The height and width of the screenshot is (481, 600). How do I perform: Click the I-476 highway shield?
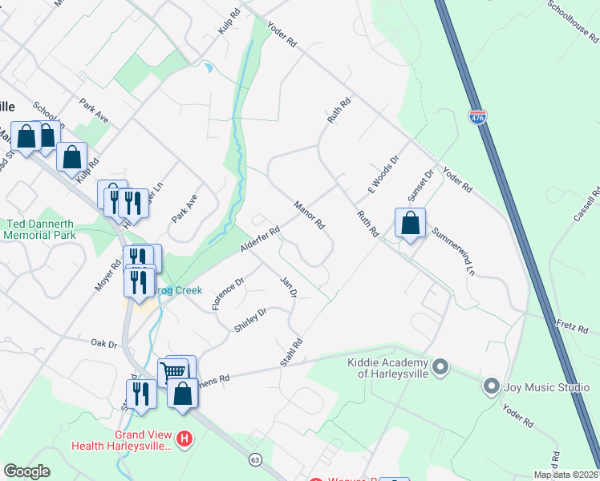point(477,117)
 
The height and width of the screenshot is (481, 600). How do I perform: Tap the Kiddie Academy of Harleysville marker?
point(440,368)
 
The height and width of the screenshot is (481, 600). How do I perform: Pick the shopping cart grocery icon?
point(174,371)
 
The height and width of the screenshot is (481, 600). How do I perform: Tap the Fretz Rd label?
point(573,326)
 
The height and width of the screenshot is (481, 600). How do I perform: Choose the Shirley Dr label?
point(249,321)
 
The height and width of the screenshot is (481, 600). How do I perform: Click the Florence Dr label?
point(227,294)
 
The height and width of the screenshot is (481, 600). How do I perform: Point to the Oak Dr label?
point(104,343)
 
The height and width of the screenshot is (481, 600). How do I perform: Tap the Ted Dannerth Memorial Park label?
point(40,229)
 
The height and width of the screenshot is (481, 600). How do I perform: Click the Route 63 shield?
point(255,459)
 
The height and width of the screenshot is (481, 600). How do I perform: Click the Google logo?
point(26,471)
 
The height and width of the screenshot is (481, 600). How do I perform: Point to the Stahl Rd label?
point(291,354)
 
